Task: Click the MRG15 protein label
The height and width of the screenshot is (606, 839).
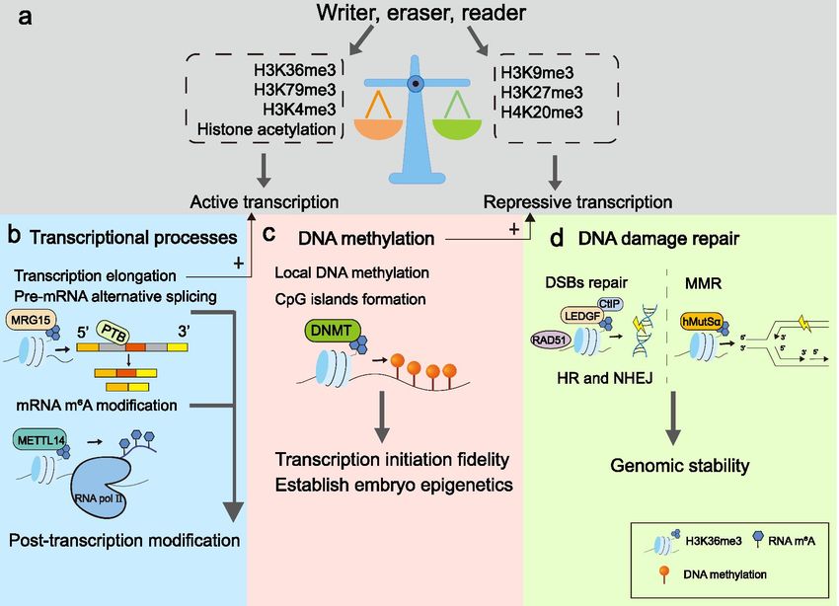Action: coord(31,321)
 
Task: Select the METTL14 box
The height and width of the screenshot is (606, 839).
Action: coord(40,441)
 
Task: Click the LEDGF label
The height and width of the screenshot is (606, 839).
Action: coord(582,316)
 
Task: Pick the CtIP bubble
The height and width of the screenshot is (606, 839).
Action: coord(609,304)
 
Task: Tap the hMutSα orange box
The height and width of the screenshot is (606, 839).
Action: coord(702,322)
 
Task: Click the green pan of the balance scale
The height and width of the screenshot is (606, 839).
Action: coord(456,129)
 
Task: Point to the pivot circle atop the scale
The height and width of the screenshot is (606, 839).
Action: coord(416,83)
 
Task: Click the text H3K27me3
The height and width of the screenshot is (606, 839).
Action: coord(542,93)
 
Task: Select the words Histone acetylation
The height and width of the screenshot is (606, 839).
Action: coord(267,129)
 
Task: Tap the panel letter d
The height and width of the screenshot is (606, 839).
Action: coord(557,238)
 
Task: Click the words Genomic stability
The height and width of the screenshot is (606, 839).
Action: coord(679,465)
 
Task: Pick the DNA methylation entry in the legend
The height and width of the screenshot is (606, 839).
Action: coord(713,574)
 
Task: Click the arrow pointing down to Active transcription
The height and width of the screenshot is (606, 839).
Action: coord(264,170)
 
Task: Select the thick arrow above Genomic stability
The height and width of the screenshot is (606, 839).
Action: coord(672,417)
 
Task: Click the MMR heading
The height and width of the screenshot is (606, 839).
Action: coord(703,283)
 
